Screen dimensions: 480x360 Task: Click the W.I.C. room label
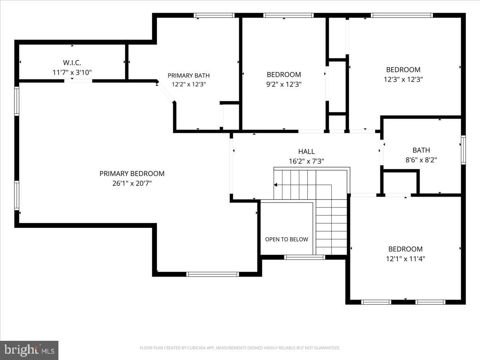tap(72, 63)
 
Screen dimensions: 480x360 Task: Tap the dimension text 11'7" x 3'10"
tap(72, 72)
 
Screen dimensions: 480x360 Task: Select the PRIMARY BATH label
tap(188, 76)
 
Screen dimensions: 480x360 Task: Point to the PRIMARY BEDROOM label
tap(132, 174)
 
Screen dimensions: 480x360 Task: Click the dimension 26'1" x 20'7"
tap(132, 183)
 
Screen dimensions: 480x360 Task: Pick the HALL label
tap(306, 152)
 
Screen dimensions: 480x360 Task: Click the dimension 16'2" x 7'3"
tap(306, 161)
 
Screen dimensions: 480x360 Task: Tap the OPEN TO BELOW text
tap(286, 239)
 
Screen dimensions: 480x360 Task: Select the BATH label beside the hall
tap(421, 150)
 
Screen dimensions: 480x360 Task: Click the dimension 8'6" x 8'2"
tap(421, 160)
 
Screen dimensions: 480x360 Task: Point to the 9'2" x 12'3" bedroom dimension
tap(284, 84)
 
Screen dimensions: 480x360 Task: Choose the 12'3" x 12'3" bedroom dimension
tap(403, 79)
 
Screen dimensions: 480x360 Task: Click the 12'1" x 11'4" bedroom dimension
tap(406, 259)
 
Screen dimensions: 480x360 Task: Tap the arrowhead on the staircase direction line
tap(276, 185)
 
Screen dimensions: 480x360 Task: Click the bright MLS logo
tap(29, 350)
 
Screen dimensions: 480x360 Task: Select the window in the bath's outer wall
tap(463, 150)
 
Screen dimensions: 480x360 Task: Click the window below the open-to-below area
tap(305, 257)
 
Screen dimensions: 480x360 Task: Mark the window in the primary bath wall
tap(214, 15)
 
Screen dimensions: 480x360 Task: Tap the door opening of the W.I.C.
tap(78, 81)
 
